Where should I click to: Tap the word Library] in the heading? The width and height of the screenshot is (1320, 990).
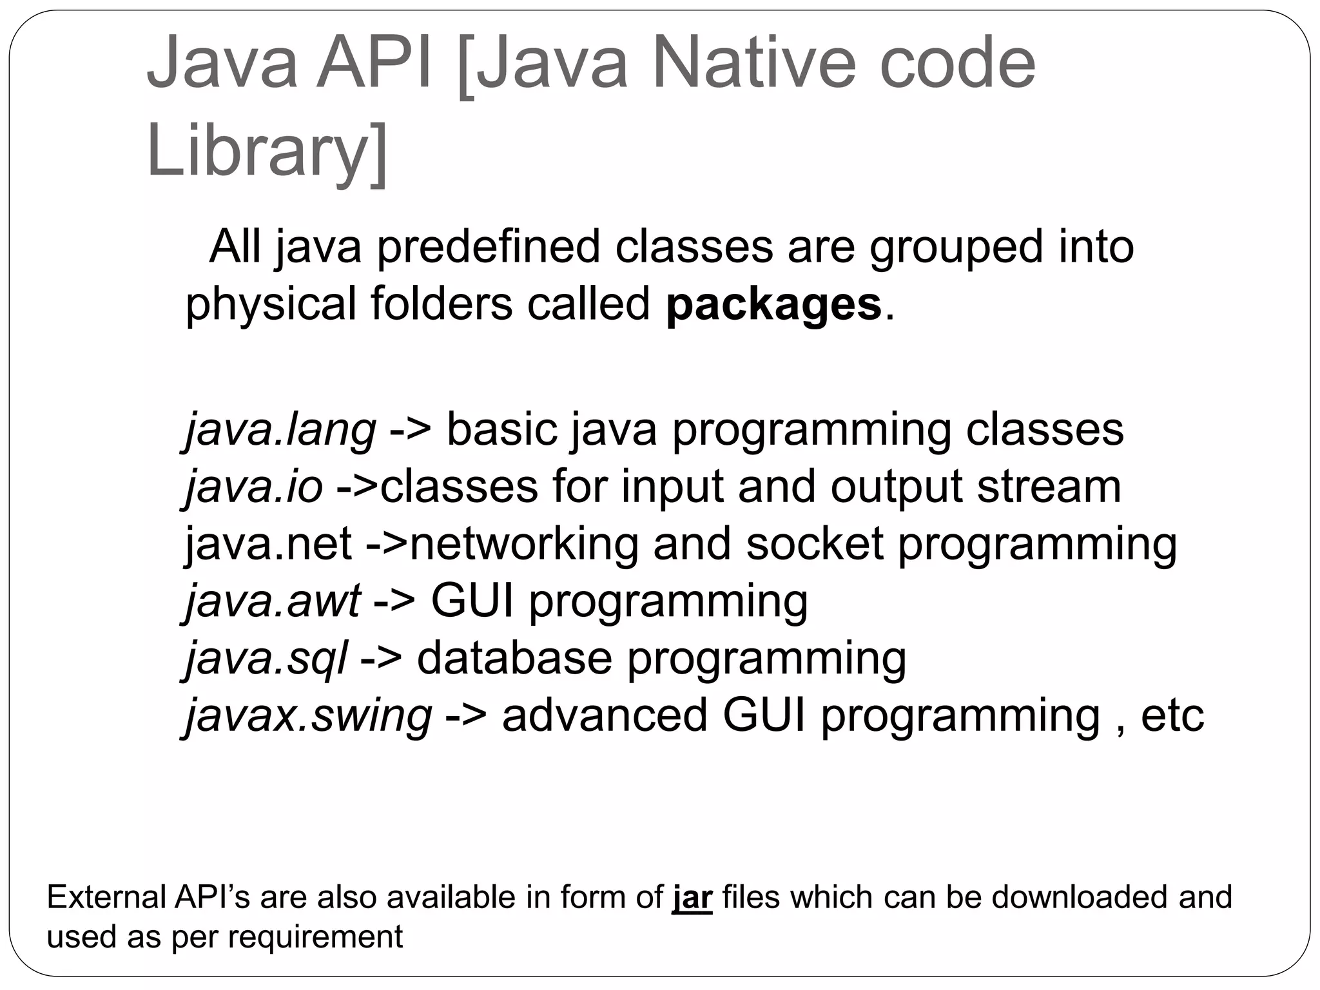(267, 151)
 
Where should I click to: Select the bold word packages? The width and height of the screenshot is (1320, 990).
(773, 304)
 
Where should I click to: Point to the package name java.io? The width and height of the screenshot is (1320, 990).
(254, 487)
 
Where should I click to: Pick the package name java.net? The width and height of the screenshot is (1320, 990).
(268, 543)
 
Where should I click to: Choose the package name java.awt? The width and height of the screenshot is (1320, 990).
(273, 601)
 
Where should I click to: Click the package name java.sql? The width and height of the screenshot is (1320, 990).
(266, 658)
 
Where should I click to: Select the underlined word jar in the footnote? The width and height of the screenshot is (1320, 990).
(692, 897)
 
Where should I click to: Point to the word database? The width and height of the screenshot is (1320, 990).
(514, 658)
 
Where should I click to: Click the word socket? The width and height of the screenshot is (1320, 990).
(814, 543)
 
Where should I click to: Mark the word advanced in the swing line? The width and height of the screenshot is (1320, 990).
(605, 715)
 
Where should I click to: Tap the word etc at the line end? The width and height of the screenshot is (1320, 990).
(1172, 715)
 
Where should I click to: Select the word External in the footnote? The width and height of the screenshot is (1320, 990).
(106, 897)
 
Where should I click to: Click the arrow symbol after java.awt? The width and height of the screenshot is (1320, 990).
(394, 601)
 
